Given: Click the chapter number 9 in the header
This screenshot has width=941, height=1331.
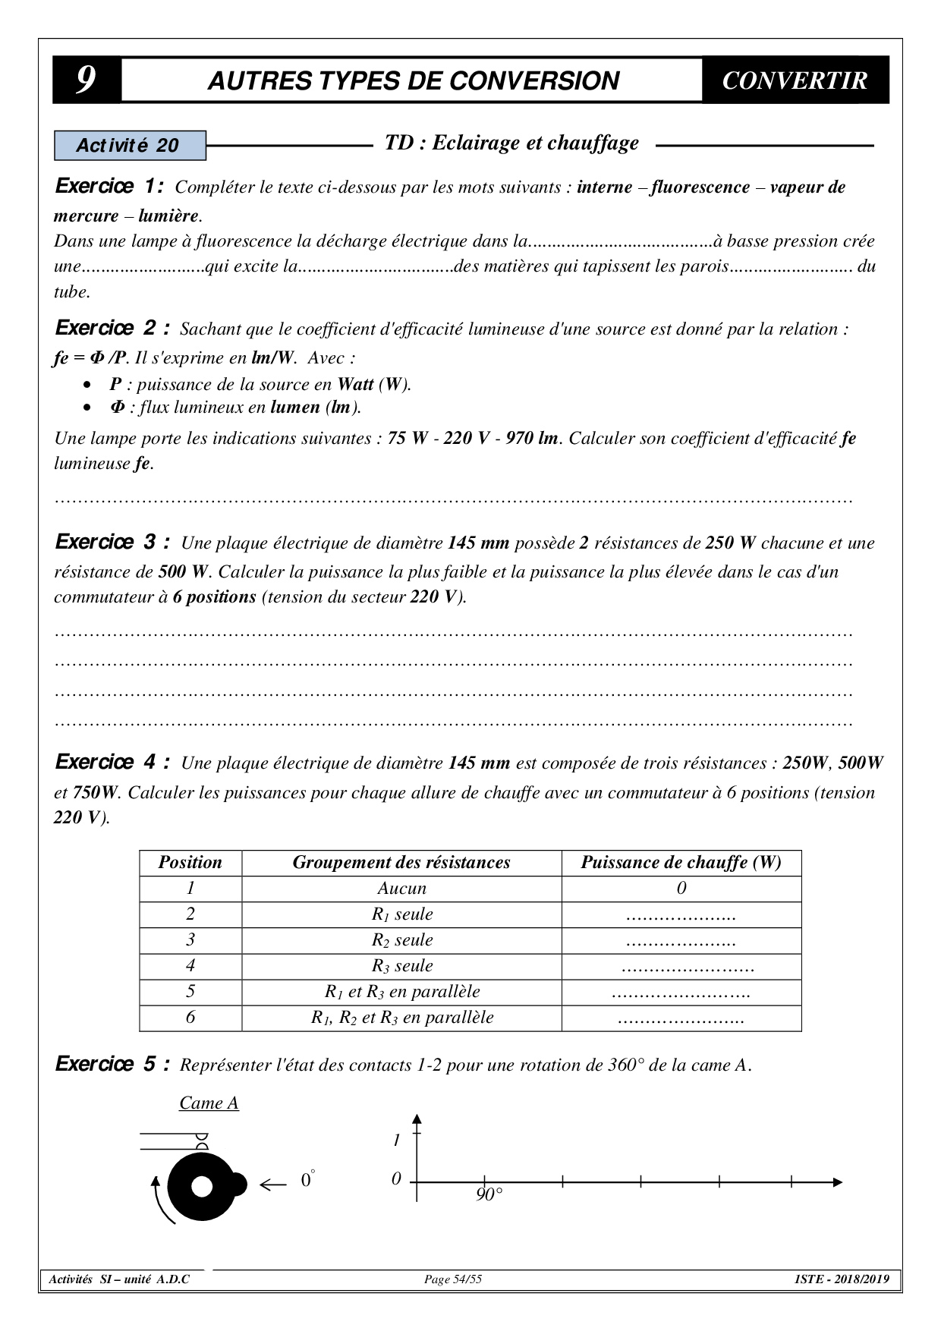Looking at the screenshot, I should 86,80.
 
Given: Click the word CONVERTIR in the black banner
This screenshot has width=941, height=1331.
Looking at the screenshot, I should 794,80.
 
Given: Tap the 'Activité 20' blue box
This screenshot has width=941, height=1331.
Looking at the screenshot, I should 130,146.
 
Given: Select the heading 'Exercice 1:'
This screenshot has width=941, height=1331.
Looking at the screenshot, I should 109,187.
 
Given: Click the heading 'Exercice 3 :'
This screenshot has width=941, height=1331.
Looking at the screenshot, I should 112,543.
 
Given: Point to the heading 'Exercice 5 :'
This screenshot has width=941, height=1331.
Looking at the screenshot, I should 112,1065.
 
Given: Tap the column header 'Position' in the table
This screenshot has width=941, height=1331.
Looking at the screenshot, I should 190,863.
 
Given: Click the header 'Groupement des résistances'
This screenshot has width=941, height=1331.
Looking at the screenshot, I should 401,863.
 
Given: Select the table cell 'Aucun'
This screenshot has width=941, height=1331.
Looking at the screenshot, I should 401,889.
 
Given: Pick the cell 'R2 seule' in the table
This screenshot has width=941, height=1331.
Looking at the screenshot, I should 401,940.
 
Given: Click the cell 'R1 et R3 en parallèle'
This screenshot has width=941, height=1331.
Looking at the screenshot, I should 401,992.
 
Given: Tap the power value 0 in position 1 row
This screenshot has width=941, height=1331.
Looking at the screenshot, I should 681,889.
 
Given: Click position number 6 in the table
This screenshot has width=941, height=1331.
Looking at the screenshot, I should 190,1018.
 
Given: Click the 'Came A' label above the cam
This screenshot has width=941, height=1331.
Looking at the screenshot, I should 209,1103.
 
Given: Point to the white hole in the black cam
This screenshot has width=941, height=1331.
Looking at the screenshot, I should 202,1187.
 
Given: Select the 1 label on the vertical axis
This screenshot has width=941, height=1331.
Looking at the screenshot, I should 396,1141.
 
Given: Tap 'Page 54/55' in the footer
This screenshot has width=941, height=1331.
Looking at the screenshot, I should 452,1279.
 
